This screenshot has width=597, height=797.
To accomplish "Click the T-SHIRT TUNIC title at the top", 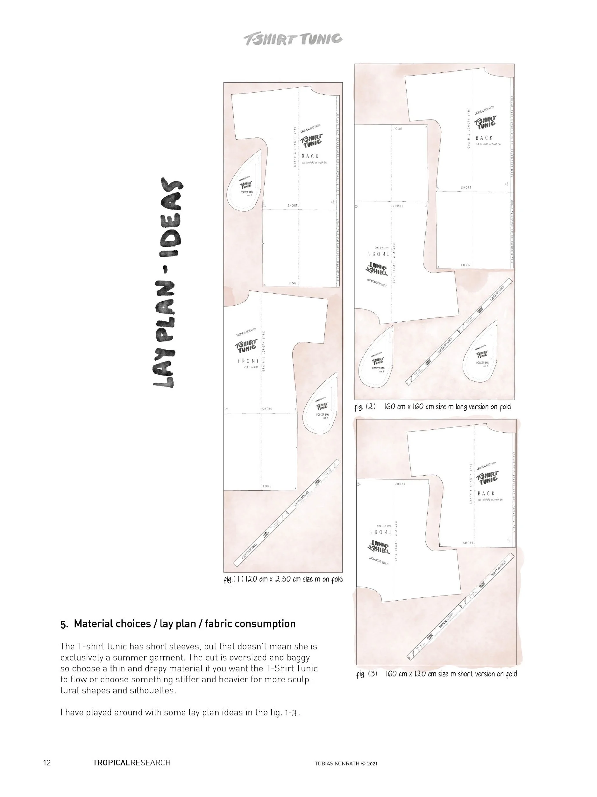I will (x=293, y=39).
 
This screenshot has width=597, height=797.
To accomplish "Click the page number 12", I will (x=47, y=763).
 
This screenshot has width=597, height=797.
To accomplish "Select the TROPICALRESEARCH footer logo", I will (x=131, y=763).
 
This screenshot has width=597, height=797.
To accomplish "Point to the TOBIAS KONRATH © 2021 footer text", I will (x=346, y=763).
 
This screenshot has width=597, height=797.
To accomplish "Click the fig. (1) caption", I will (x=283, y=579).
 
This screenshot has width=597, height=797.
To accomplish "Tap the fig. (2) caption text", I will (x=432, y=407).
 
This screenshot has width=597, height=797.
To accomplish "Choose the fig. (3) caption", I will (x=437, y=673).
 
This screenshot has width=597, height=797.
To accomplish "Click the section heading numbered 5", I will (x=178, y=624).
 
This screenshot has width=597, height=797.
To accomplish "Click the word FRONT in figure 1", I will (x=248, y=361).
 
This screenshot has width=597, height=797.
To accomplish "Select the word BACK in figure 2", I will (x=484, y=138).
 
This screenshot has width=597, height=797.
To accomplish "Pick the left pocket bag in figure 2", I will (x=376, y=359).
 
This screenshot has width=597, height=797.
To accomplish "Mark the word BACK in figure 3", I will (x=486, y=493).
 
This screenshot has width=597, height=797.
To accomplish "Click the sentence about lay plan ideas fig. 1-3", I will (x=180, y=712).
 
